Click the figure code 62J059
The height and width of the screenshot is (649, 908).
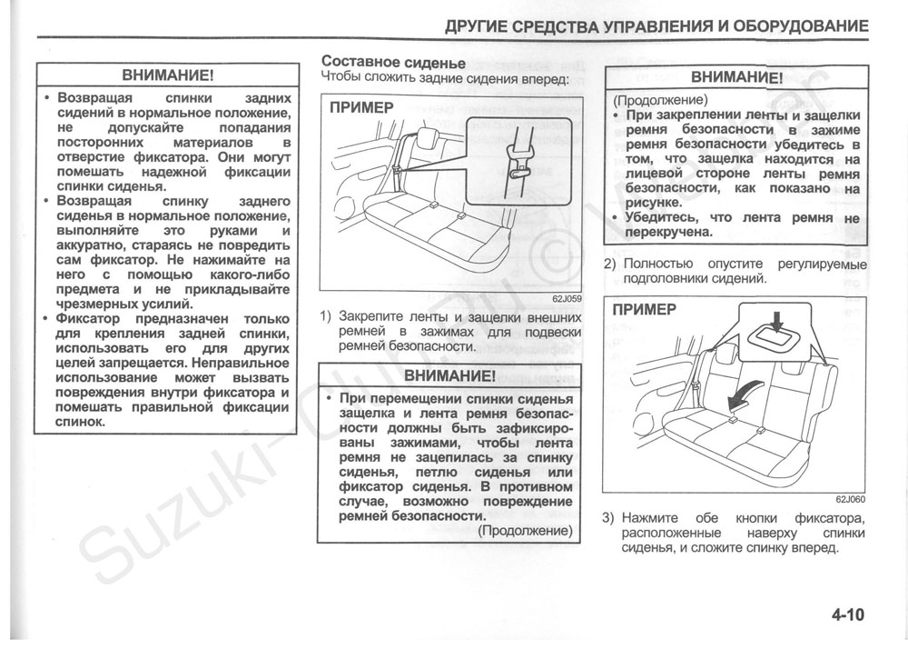[x=566, y=297]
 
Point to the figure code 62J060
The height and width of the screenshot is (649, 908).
[x=851, y=499]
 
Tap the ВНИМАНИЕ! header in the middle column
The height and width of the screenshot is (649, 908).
[x=449, y=375]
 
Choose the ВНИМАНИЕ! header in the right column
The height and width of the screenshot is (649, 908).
[x=736, y=77]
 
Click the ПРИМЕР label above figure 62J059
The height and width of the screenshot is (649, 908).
[x=361, y=107]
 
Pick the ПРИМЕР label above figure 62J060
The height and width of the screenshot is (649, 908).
[x=645, y=309]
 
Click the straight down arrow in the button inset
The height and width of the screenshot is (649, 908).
[x=775, y=321]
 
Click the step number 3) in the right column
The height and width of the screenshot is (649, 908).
[x=610, y=519]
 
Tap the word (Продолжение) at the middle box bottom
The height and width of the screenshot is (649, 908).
[x=526, y=530]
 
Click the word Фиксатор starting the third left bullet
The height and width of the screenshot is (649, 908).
[x=94, y=319]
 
